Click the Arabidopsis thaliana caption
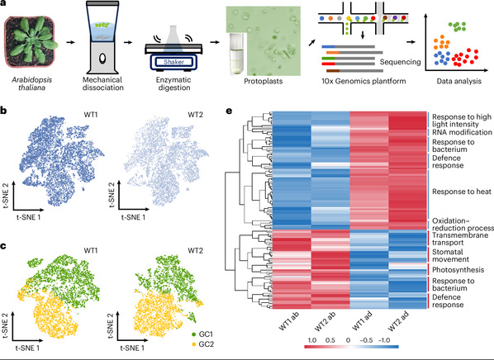tap(32, 83)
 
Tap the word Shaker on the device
tap(173, 62)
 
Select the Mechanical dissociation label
tap(103, 83)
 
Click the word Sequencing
tap(400, 62)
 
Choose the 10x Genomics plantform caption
tap(363, 81)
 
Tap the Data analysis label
tap(458, 81)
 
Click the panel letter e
tap(229, 111)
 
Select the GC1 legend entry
tap(202, 334)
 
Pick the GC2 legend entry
tap(202, 344)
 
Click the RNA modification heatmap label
tap(462, 132)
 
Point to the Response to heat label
tap(462, 192)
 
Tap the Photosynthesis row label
tap(458, 270)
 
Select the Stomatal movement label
tap(450, 255)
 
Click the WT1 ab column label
tap(289, 320)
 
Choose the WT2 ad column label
tap(398, 321)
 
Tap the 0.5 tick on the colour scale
tap(330, 340)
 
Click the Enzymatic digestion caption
tap(174, 83)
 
